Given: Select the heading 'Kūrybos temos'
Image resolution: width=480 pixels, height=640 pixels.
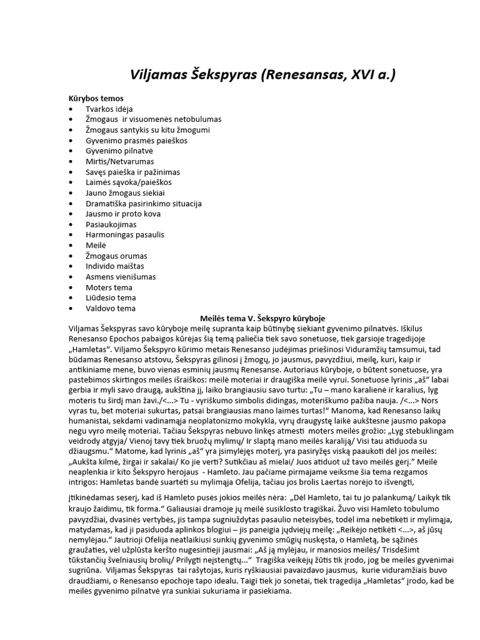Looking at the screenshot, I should pos(96,98).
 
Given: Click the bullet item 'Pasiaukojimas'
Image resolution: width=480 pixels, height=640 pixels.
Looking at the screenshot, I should pos(111,224).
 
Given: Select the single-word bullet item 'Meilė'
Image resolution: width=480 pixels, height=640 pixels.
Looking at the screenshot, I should pos(97,246).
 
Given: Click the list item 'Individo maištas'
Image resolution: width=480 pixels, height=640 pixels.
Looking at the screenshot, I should pos(116,266).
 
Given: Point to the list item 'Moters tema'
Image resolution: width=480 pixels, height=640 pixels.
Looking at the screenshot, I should pos(110,287).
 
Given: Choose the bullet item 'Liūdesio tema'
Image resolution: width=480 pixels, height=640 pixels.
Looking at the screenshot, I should pos(111,297).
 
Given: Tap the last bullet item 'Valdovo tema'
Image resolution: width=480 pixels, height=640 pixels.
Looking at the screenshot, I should pos(111,308).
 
